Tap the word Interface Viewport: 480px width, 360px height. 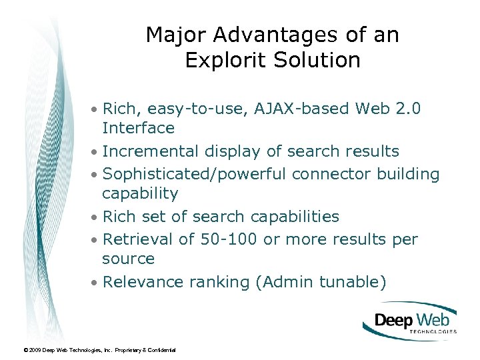(x=138, y=128)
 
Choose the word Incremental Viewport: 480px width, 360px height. (x=151, y=151)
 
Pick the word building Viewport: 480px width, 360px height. (x=408, y=175)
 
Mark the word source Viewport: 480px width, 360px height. (x=128, y=259)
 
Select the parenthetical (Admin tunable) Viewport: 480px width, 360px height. (x=321, y=282)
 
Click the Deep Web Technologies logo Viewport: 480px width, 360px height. (x=410, y=321)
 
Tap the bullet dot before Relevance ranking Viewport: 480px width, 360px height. (x=96, y=283)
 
